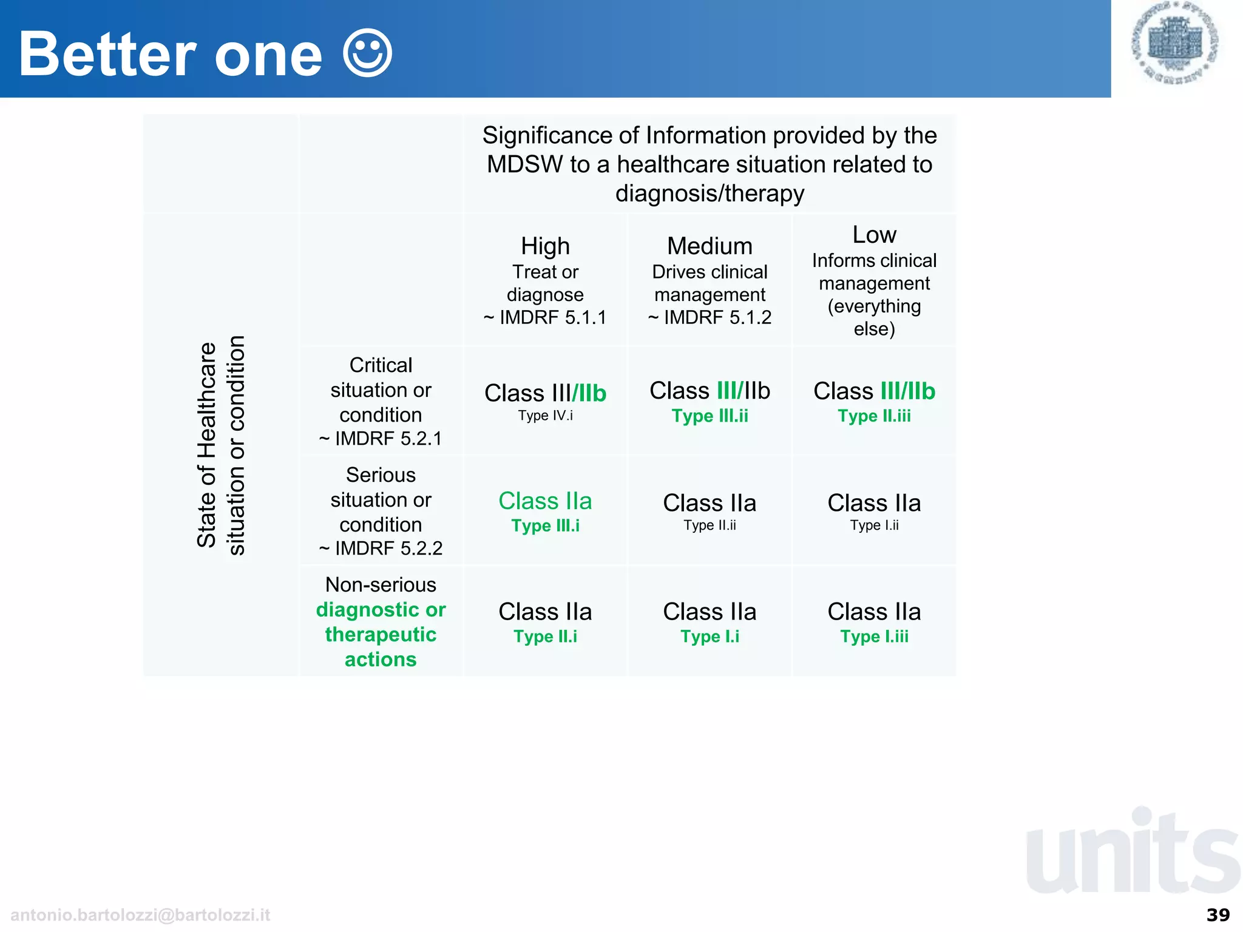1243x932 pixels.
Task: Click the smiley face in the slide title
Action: tap(367, 53)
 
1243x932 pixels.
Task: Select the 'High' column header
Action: tap(545, 246)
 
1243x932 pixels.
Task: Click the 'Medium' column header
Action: tap(710, 246)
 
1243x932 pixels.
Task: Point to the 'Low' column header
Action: tap(874, 235)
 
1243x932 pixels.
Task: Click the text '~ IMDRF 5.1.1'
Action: tap(545, 317)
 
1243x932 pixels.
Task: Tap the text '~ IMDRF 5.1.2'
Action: tap(710, 317)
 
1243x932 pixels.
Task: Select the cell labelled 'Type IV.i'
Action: tap(545, 416)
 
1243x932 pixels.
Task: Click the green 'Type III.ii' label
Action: tap(710, 416)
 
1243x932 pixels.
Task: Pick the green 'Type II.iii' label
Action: tap(874, 416)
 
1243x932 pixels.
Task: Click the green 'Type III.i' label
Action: tap(545, 526)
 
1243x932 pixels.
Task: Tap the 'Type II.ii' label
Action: tap(710, 525)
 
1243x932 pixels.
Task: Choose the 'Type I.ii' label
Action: tap(874, 525)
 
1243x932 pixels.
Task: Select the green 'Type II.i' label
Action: tap(545, 637)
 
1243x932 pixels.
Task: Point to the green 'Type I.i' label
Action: tap(710, 637)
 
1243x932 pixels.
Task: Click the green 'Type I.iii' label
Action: tap(874, 637)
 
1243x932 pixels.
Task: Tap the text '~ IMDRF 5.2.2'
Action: tap(381, 549)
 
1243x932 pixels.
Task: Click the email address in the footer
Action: tap(140, 915)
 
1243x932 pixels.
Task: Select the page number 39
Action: tap(1218, 915)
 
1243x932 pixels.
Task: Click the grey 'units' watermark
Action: tap(1133, 853)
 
